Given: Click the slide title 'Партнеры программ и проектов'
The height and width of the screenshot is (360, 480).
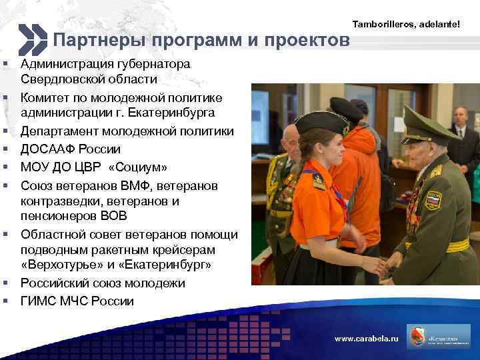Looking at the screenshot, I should point(201,41).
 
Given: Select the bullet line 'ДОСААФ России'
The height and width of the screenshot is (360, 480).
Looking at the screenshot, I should point(71,148).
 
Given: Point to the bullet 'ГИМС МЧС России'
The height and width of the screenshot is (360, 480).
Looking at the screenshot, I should point(77,301).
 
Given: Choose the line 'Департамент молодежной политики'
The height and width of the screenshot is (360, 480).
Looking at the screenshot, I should point(127,131).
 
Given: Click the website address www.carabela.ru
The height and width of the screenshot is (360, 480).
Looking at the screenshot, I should point(366,339).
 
